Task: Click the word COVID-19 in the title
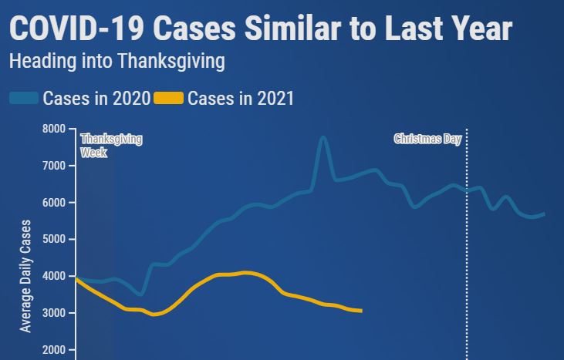[76, 29]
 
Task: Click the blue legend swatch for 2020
[24, 98]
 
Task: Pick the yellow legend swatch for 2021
[168, 98]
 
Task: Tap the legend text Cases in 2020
[96, 98]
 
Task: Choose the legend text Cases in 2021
[240, 98]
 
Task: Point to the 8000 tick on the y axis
[55, 129]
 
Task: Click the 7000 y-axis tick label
[55, 166]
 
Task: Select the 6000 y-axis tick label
[55, 203]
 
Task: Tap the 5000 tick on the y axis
[55, 239]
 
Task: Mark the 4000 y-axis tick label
[55, 276]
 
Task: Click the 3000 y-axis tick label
[55, 313]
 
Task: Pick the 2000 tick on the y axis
[55, 350]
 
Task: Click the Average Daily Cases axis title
[26, 276]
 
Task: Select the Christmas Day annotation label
[427, 140]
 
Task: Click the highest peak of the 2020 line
[323, 138]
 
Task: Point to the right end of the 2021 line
[361, 311]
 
